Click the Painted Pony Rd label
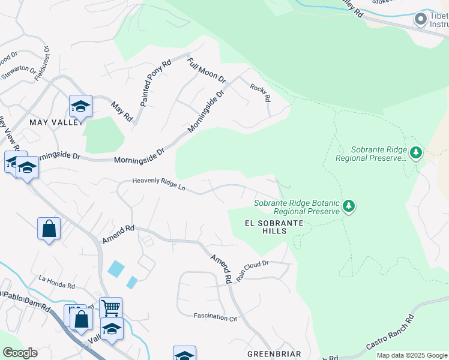155,83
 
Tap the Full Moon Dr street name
206,70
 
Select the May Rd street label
122,111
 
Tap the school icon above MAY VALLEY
80,107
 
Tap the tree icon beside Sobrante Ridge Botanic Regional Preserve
349,206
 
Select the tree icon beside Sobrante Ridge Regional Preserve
415,153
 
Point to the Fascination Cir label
215,316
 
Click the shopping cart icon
110,308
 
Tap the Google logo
20,353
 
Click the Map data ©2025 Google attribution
412,355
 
